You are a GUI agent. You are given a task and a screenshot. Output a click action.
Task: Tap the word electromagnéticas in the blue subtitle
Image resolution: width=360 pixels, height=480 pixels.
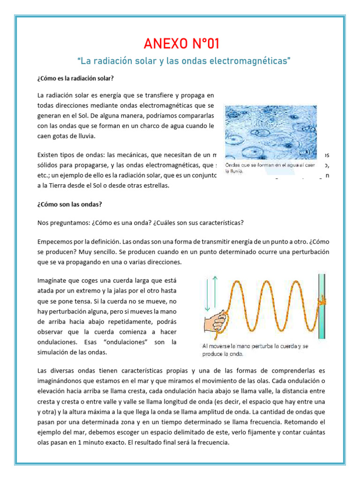[253, 61]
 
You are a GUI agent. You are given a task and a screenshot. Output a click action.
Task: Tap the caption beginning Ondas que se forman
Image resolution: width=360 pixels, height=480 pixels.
[269, 168]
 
